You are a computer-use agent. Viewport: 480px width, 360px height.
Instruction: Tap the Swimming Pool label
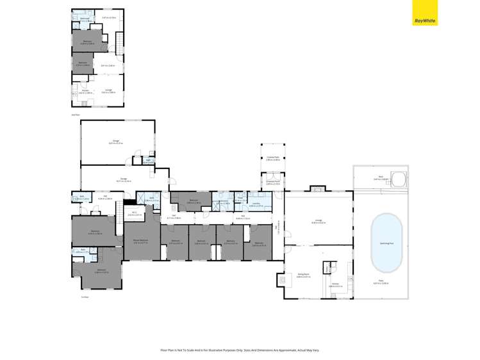point(386,244)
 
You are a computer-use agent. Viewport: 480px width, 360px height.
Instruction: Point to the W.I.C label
point(134,213)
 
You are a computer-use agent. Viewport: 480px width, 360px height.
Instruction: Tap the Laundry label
point(255,204)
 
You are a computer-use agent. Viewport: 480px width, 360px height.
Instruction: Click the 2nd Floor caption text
point(76,115)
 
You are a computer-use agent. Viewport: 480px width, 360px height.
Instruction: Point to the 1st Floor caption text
point(85,297)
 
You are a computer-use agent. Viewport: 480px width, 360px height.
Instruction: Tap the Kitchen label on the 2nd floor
point(84,91)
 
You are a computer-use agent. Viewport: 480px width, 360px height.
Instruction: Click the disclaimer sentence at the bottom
point(240,350)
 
